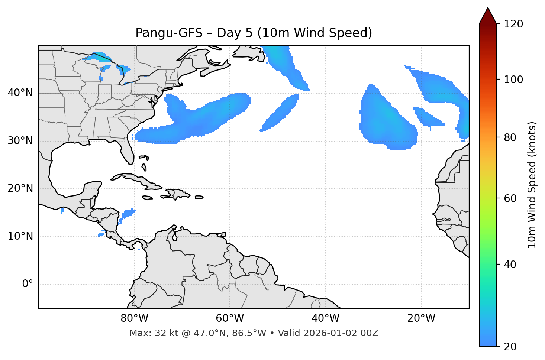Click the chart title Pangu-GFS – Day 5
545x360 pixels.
[254, 33]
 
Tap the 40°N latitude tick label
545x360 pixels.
[20, 93]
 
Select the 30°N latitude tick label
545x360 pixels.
[20, 141]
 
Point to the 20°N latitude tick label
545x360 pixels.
[20, 188]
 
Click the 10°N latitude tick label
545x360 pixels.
[20, 236]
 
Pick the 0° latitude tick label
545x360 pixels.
[27, 284]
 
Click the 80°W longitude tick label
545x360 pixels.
[134, 318]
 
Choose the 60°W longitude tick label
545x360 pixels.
[230, 318]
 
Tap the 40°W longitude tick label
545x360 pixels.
[325, 318]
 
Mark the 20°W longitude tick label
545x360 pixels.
[421, 318]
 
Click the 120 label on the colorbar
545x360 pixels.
[514, 24]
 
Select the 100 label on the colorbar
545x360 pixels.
[514, 80]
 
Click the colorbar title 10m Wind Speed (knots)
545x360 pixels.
[532, 185]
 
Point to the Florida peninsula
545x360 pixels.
[127, 150]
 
